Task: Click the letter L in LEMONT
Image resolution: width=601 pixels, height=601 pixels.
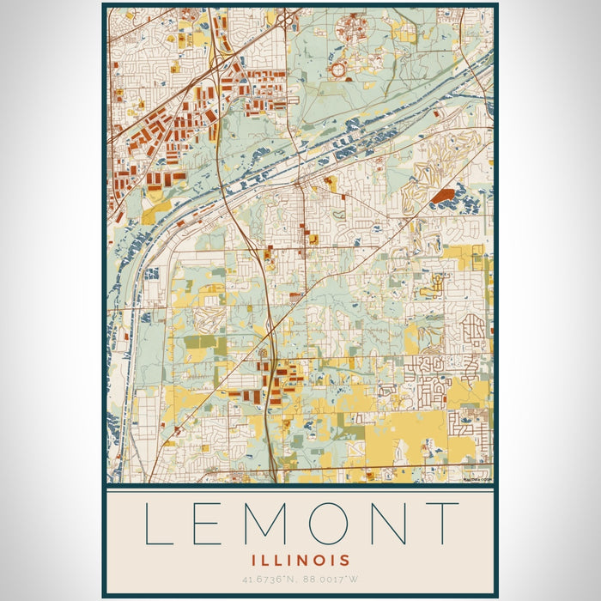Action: (158, 524)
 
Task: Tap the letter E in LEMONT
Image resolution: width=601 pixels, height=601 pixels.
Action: (209, 524)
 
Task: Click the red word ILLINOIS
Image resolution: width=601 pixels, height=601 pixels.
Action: (300, 560)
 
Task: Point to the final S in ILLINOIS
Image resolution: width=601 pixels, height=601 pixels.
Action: (344, 560)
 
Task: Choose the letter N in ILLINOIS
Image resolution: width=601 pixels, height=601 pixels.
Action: (305, 560)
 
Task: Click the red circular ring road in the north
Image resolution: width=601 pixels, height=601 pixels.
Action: (338, 69)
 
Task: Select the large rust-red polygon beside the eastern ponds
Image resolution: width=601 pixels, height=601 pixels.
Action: (442, 197)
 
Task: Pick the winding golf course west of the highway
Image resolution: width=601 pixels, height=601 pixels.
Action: (209, 319)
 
